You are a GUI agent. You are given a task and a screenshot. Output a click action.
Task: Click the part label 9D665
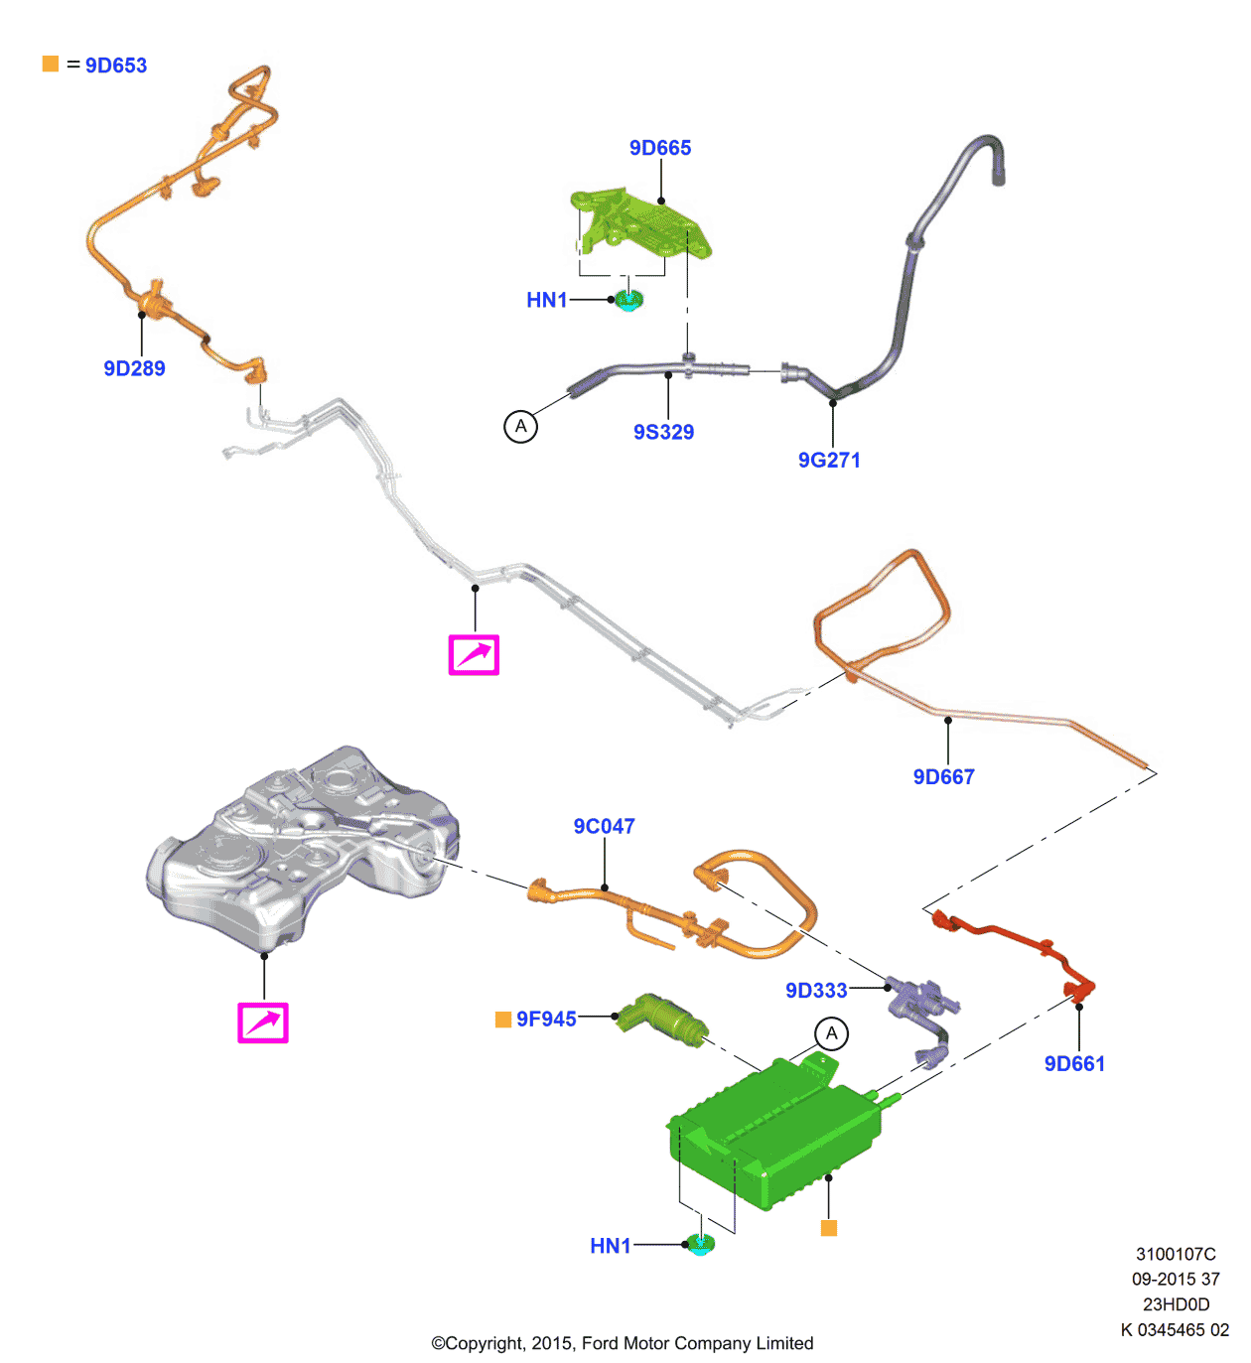click(660, 148)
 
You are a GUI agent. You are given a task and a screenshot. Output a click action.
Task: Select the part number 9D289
click(134, 368)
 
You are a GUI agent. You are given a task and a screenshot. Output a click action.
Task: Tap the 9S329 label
click(663, 432)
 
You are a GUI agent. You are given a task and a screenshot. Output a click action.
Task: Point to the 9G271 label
click(829, 460)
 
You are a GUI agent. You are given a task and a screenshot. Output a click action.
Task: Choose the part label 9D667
click(943, 776)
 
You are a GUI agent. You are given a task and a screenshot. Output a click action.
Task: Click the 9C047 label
click(604, 826)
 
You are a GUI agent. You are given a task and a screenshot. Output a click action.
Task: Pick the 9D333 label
click(816, 990)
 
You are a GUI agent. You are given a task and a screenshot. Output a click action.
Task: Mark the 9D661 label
click(1074, 1063)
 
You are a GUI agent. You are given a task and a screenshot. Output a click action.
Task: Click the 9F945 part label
click(546, 1019)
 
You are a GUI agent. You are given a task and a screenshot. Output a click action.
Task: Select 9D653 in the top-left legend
click(116, 66)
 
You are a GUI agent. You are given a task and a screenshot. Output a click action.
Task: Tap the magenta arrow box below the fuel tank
click(263, 1022)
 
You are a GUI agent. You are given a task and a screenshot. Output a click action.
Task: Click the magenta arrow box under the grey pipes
click(474, 655)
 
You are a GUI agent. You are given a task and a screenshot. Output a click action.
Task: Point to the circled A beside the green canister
click(832, 1033)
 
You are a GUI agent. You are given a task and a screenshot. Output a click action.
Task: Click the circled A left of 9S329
click(520, 427)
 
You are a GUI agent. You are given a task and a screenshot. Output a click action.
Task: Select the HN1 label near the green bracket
click(546, 300)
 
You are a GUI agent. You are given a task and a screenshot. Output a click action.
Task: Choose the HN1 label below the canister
click(610, 1246)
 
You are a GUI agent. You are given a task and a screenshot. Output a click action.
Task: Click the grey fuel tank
click(298, 844)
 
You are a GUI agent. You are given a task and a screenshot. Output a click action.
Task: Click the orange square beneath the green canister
click(829, 1228)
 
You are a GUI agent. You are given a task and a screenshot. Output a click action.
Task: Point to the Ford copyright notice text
click(622, 1343)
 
